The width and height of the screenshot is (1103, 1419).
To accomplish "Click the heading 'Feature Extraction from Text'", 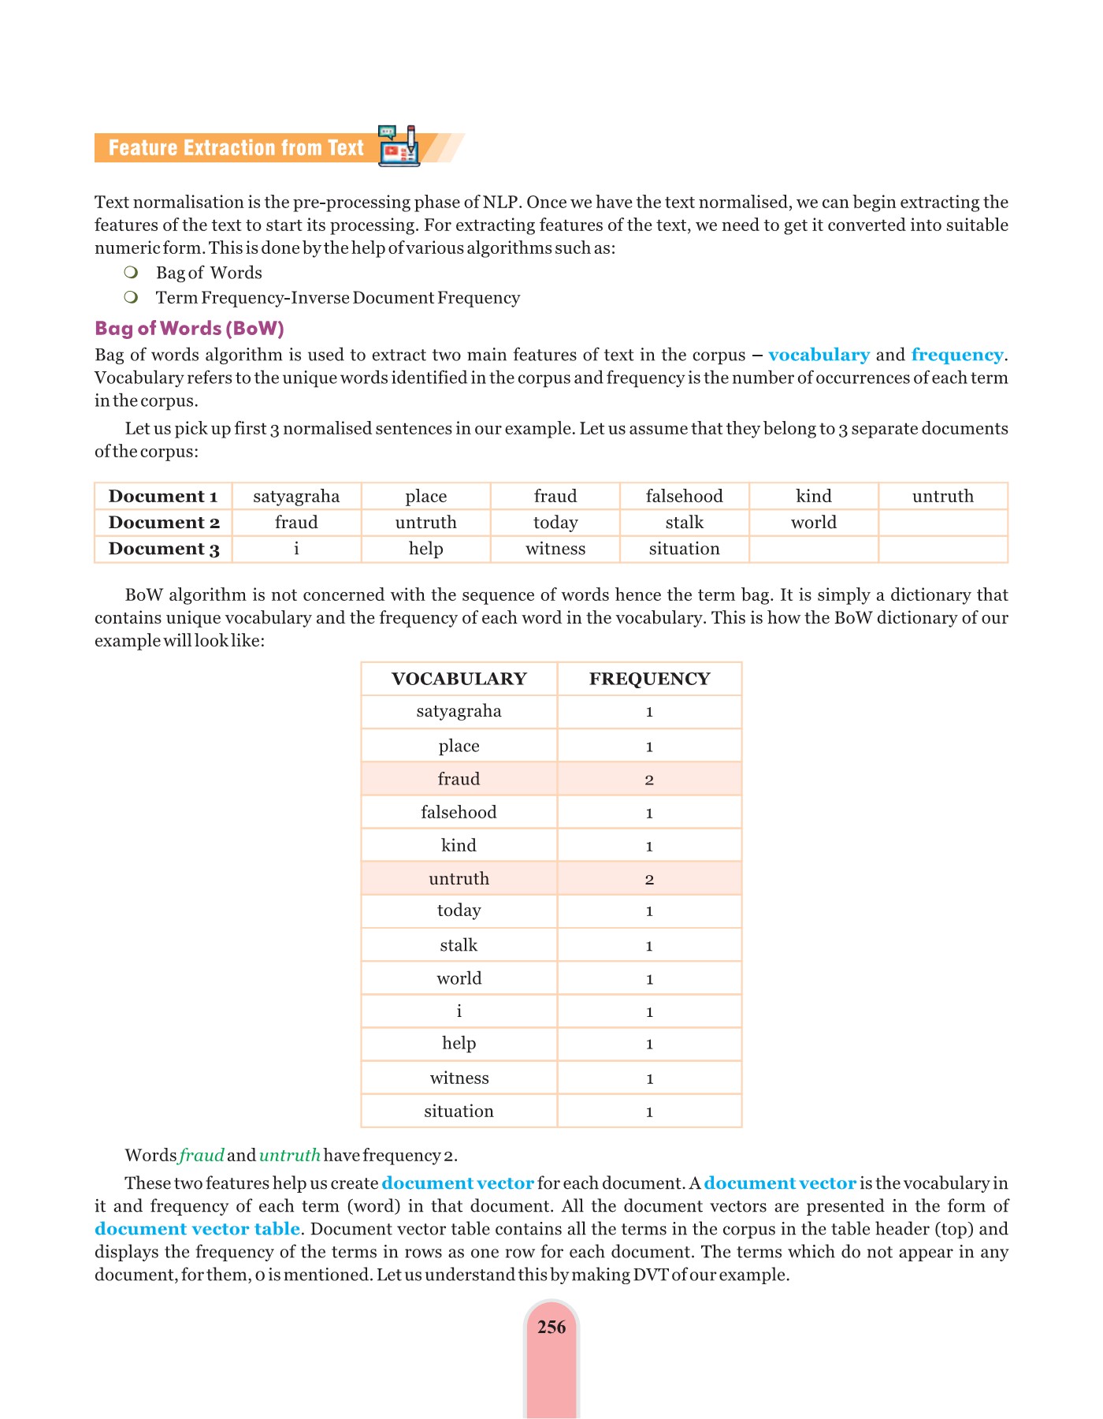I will tap(236, 148).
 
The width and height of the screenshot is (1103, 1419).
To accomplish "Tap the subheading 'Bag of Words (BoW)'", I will tap(189, 328).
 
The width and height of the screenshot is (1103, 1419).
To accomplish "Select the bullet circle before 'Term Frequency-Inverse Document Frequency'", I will tap(132, 297).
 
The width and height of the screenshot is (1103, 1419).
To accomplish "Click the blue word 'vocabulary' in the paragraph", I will tap(819, 355).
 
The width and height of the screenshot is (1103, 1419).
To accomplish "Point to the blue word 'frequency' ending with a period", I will tap(957, 355).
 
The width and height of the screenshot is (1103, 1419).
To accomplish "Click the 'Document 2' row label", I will tap(164, 523).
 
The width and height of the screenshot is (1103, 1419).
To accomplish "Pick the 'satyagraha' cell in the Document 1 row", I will tap(296, 497).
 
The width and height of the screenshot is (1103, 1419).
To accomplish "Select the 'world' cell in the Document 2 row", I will tap(813, 523).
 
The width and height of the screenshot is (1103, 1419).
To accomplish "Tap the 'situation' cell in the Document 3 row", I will tap(684, 549).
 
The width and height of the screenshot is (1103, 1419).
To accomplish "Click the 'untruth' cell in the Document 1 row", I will tap(942, 497).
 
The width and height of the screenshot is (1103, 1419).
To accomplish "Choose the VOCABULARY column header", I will tap(459, 679).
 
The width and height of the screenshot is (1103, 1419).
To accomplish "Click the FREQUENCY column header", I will tap(649, 679).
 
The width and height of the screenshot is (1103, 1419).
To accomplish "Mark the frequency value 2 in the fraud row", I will tap(649, 780).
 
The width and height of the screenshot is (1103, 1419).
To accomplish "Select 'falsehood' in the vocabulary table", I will tap(459, 812).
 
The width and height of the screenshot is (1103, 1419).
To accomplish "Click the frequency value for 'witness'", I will tap(649, 1078).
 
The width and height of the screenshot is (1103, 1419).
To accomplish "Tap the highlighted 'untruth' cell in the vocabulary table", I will tap(459, 878).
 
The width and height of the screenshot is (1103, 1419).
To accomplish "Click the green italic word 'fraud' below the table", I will tap(202, 1156).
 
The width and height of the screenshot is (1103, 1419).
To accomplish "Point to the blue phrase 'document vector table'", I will tap(197, 1229).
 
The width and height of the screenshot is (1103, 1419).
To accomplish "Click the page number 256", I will tap(551, 1328).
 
